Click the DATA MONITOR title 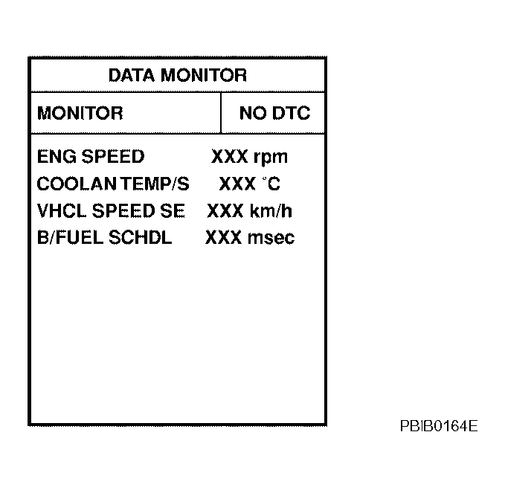pyautogui.click(x=178, y=75)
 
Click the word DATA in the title pyautogui.click(x=132, y=75)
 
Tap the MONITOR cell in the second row pyautogui.click(x=80, y=113)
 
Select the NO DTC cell pyautogui.click(x=274, y=113)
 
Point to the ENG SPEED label pyautogui.click(x=91, y=156)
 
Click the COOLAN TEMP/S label pyautogui.click(x=113, y=184)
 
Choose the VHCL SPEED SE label pyautogui.click(x=111, y=211)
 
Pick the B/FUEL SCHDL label pyautogui.click(x=105, y=237)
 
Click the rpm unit pyautogui.click(x=271, y=158)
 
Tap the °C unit pyautogui.click(x=271, y=184)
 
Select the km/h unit pyautogui.click(x=271, y=211)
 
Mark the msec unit pyautogui.click(x=271, y=238)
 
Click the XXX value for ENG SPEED pyautogui.click(x=230, y=156)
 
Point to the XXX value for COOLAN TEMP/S pyautogui.click(x=237, y=184)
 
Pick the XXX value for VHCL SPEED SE pyautogui.click(x=225, y=211)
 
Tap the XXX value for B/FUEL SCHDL pyautogui.click(x=224, y=237)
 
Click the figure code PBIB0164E pyautogui.click(x=439, y=426)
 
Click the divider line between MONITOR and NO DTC pyautogui.click(x=221, y=113)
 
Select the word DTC pyautogui.click(x=291, y=113)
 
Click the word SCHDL pyautogui.click(x=140, y=237)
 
